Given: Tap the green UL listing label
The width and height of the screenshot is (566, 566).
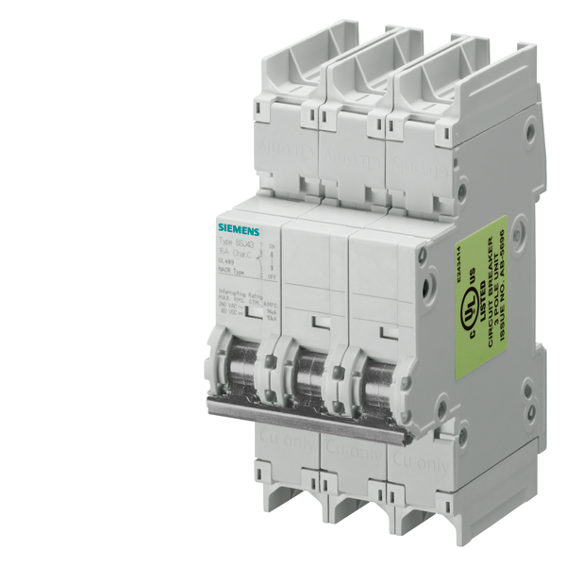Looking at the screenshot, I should pyautogui.click(x=481, y=296).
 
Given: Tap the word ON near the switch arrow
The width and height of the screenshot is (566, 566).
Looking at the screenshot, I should pyautogui.click(x=272, y=246).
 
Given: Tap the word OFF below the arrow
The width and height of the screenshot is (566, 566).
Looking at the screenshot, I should pyautogui.click(x=272, y=277).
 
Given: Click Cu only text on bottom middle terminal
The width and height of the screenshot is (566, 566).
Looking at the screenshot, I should pyautogui.click(x=348, y=452).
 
